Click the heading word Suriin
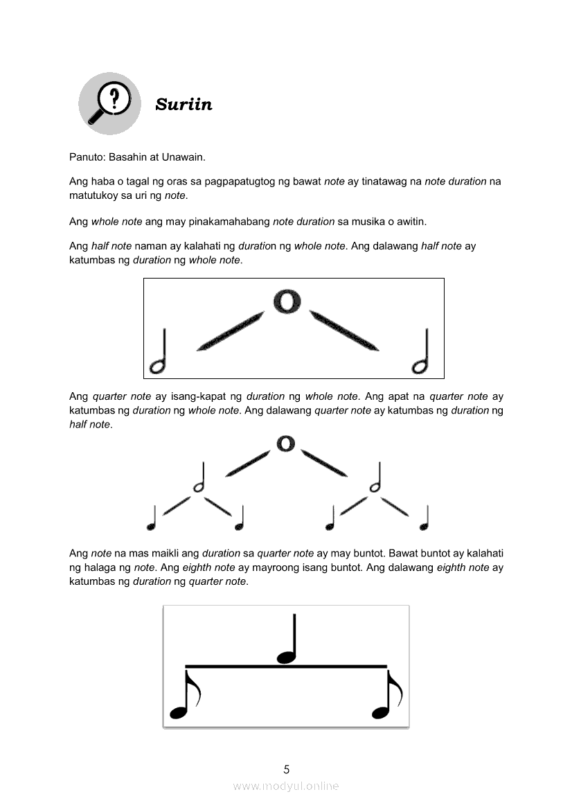pyautogui.click(x=184, y=105)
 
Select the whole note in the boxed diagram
pyautogui.click(x=287, y=301)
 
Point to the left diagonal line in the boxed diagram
pyautogui.click(x=231, y=332)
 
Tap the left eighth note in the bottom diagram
pyautogui.click(x=184, y=695)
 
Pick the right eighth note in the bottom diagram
pyautogui.click(x=386, y=695)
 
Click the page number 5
pyautogui.click(x=286, y=769)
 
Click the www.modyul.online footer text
pyautogui.click(x=286, y=786)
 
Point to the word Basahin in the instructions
pyautogui.click(x=129, y=157)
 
